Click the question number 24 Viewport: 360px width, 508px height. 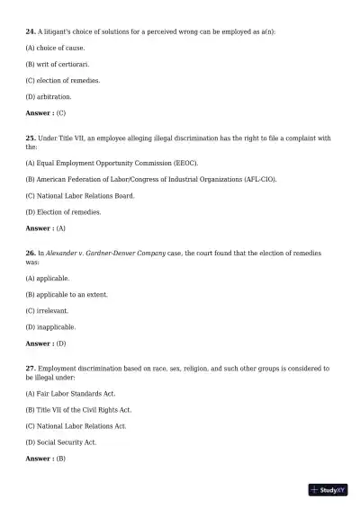tap(30, 31)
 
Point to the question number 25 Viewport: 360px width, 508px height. tap(30, 138)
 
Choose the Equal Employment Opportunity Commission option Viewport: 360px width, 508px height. tap(112, 163)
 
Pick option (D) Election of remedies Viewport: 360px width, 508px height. tap(63, 212)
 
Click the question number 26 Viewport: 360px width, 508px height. tap(30, 254)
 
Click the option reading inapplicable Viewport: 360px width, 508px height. tap(50, 327)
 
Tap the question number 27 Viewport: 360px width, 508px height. tap(30, 368)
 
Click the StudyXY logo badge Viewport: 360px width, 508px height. tap(328, 490)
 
